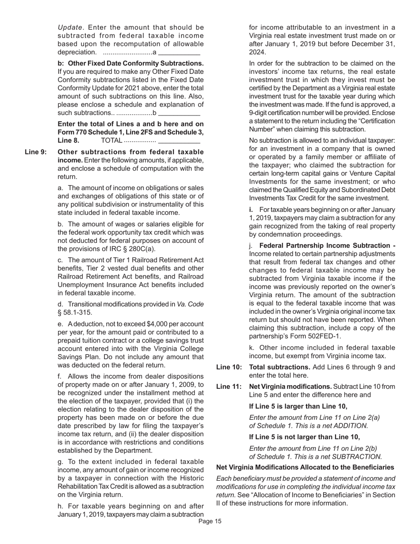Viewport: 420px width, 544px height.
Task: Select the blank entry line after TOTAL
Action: point(179,142)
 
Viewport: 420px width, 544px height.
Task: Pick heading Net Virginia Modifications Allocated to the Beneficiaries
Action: point(305,467)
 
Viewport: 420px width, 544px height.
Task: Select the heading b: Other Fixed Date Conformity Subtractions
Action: point(130,63)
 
